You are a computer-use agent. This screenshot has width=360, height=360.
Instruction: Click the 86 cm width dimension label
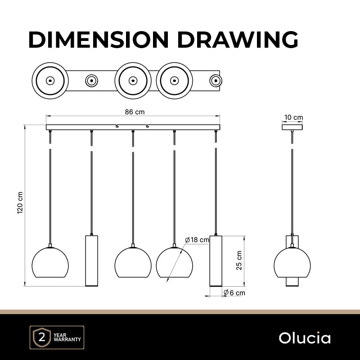click(x=135, y=112)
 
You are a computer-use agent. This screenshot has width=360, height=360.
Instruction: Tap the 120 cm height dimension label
click(x=20, y=203)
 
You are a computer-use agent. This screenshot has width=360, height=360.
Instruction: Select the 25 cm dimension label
click(x=239, y=260)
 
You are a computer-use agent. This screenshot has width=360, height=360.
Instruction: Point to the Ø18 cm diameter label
click(x=197, y=240)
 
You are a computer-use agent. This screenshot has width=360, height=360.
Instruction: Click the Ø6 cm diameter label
click(x=234, y=293)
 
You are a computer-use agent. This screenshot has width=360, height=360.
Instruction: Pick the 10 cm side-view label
click(x=293, y=117)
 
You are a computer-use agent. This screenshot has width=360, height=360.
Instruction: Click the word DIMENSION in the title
click(x=99, y=40)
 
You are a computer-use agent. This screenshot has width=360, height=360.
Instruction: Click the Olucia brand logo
click(x=305, y=338)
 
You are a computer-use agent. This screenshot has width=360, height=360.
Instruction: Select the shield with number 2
click(x=42, y=337)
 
